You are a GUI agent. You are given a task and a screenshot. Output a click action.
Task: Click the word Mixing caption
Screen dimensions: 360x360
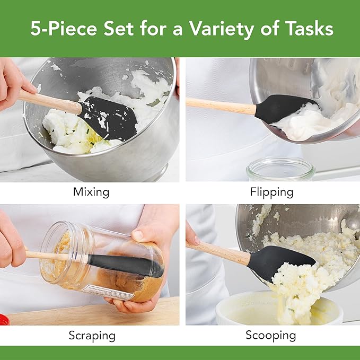91,192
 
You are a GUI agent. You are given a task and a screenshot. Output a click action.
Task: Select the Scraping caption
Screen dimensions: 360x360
91,335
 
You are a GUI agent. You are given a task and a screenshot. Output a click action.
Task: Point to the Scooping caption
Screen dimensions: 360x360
270,335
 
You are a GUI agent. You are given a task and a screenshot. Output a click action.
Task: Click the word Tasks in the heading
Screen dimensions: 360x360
310,29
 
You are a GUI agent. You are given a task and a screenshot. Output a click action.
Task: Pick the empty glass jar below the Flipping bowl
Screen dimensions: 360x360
280,171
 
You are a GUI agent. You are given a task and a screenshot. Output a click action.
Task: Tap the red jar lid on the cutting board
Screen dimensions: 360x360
4,320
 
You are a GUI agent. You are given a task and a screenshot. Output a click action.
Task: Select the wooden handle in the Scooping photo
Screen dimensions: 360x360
220,252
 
